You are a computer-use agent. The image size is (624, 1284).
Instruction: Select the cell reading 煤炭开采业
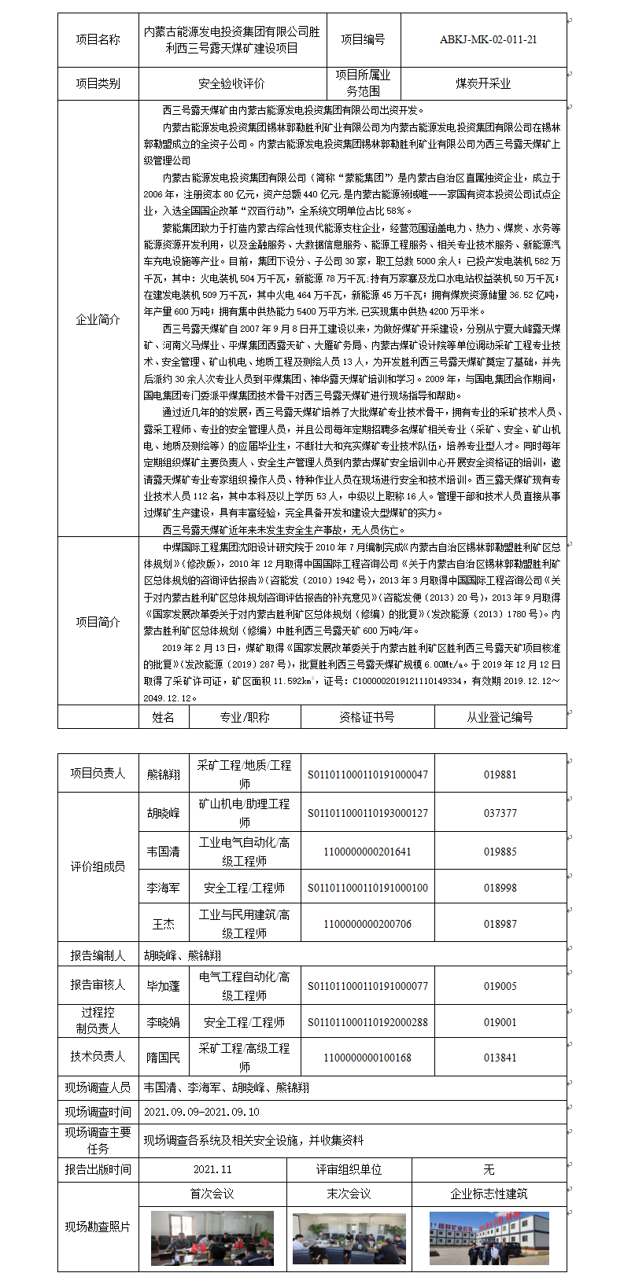click(483, 83)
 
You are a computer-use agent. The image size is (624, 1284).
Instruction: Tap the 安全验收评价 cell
click(231, 83)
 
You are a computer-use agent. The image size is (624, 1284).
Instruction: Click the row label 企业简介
click(98, 319)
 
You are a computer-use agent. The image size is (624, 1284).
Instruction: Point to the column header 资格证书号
click(367, 717)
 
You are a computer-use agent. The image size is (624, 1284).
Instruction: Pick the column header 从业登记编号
click(500, 717)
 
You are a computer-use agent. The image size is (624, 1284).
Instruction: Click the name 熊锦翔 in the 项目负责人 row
click(164, 774)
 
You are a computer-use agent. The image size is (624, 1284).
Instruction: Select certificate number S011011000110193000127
click(367, 813)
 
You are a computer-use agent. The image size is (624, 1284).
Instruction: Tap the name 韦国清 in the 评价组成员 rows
click(164, 852)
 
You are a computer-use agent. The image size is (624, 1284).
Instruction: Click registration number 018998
click(500, 888)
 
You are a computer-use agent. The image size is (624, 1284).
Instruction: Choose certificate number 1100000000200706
click(367, 924)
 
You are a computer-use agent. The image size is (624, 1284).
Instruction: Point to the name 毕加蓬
click(164, 986)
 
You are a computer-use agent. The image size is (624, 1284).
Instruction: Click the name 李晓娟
click(164, 1022)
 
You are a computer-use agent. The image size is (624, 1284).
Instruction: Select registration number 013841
click(500, 1058)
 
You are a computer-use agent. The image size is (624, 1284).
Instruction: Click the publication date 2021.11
click(212, 1169)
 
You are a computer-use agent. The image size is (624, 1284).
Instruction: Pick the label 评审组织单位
click(349, 1169)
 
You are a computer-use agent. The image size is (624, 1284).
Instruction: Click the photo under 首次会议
click(212, 1238)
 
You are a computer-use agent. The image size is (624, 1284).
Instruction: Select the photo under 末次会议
click(349, 1238)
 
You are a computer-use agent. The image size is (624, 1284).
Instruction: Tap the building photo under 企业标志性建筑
click(489, 1238)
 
